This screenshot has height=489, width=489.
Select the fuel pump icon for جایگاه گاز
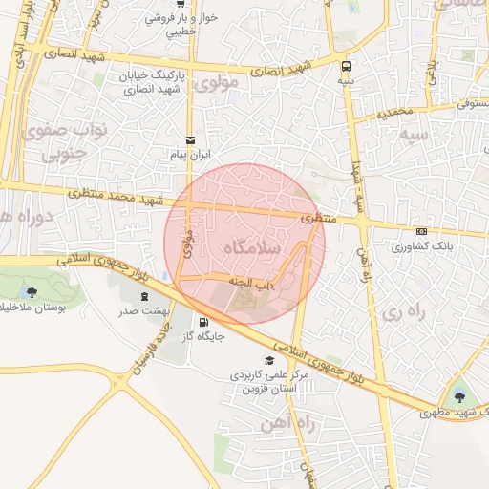[x=203, y=321]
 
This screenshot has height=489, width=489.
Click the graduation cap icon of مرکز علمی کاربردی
[x=270, y=360]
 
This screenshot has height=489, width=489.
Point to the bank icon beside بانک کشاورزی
[x=421, y=231]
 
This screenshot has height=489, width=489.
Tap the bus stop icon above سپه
[x=345, y=67]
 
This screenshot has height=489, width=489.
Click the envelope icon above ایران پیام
[x=190, y=139]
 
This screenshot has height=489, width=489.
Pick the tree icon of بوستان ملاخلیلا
[x=32, y=292]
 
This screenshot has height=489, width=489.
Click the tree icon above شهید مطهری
[x=458, y=396]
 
